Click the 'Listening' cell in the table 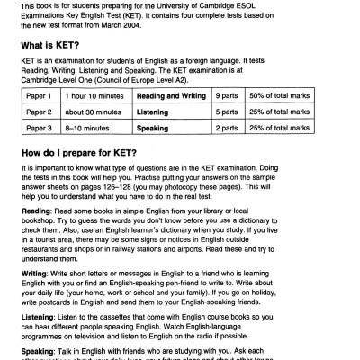click(x=157, y=112)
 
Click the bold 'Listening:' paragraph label click(x=39, y=320)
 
